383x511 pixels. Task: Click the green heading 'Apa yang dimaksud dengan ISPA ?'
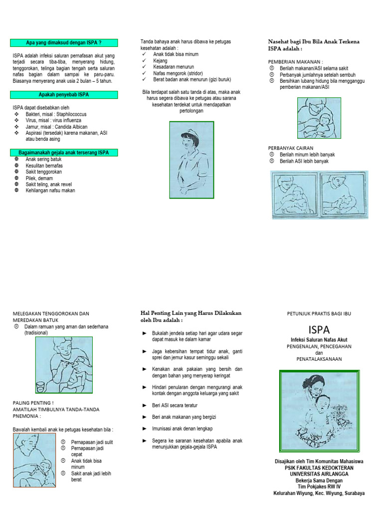[63, 43]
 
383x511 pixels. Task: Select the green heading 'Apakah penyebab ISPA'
[63, 94]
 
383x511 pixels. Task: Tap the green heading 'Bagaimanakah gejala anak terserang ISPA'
[63, 152]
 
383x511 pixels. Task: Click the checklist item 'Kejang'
[160, 60]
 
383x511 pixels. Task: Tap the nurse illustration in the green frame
[191, 160]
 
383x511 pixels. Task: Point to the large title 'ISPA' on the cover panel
[319, 329]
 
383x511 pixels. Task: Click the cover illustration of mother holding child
[318, 410]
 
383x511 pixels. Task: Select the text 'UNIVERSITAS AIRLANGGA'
[319, 474]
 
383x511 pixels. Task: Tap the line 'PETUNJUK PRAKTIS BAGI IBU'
[319, 313]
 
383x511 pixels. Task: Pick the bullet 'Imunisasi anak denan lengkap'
[182, 429]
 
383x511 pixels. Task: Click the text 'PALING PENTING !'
[32, 403]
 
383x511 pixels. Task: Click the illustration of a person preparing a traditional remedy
[63, 365]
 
